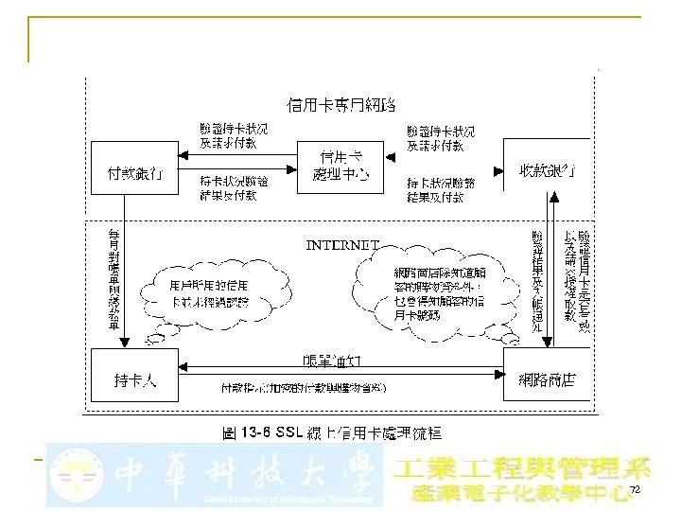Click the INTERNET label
tap(342, 243)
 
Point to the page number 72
tap(635, 489)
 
